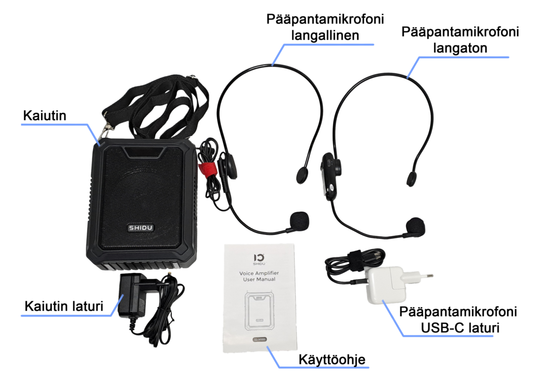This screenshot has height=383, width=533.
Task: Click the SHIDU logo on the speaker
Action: (x=141, y=228)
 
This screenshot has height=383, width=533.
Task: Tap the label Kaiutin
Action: (x=45, y=116)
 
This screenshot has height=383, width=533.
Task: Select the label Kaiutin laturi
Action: (x=64, y=306)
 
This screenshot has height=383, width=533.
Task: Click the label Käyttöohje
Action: (x=332, y=360)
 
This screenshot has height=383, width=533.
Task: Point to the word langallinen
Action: (x=325, y=36)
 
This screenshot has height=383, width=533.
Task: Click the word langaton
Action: (x=460, y=48)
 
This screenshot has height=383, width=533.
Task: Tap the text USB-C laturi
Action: (x=460, y=328)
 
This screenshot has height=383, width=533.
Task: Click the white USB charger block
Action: (x=386, y=285)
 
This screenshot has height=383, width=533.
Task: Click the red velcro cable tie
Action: (x=206, y=169)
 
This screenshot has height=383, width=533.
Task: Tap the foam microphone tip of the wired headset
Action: (x=299, y=220)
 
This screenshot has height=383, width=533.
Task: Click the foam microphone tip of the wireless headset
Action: (x=415, y=226)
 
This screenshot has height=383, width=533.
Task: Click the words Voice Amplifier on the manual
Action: (x=259, y=273)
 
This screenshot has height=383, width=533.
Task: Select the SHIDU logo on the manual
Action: (x=259, y=259)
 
